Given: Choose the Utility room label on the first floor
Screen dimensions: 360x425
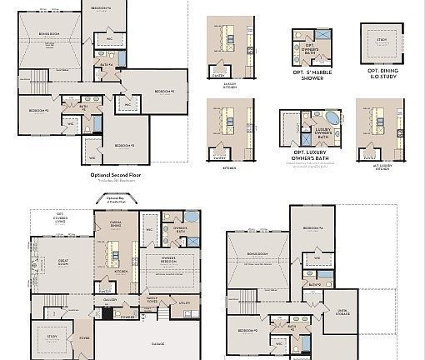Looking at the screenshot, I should (x=184, y=303).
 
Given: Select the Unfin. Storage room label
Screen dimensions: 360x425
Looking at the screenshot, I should (x=342, y=312).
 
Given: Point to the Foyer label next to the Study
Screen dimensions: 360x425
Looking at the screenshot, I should (x=84, y=337).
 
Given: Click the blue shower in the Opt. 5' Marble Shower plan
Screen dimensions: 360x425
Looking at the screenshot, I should (x=322, y=38).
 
